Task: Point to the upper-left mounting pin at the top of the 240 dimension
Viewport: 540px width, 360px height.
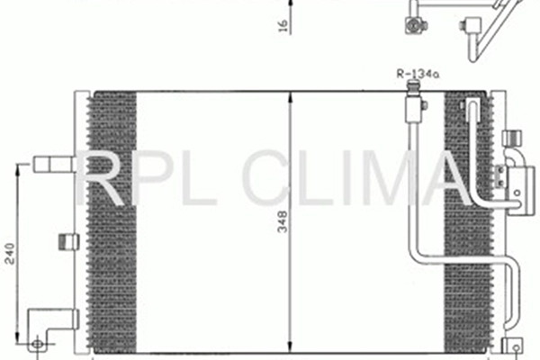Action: (x=52, y=164)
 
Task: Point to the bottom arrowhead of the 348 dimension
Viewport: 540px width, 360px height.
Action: (x=289, y=349)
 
